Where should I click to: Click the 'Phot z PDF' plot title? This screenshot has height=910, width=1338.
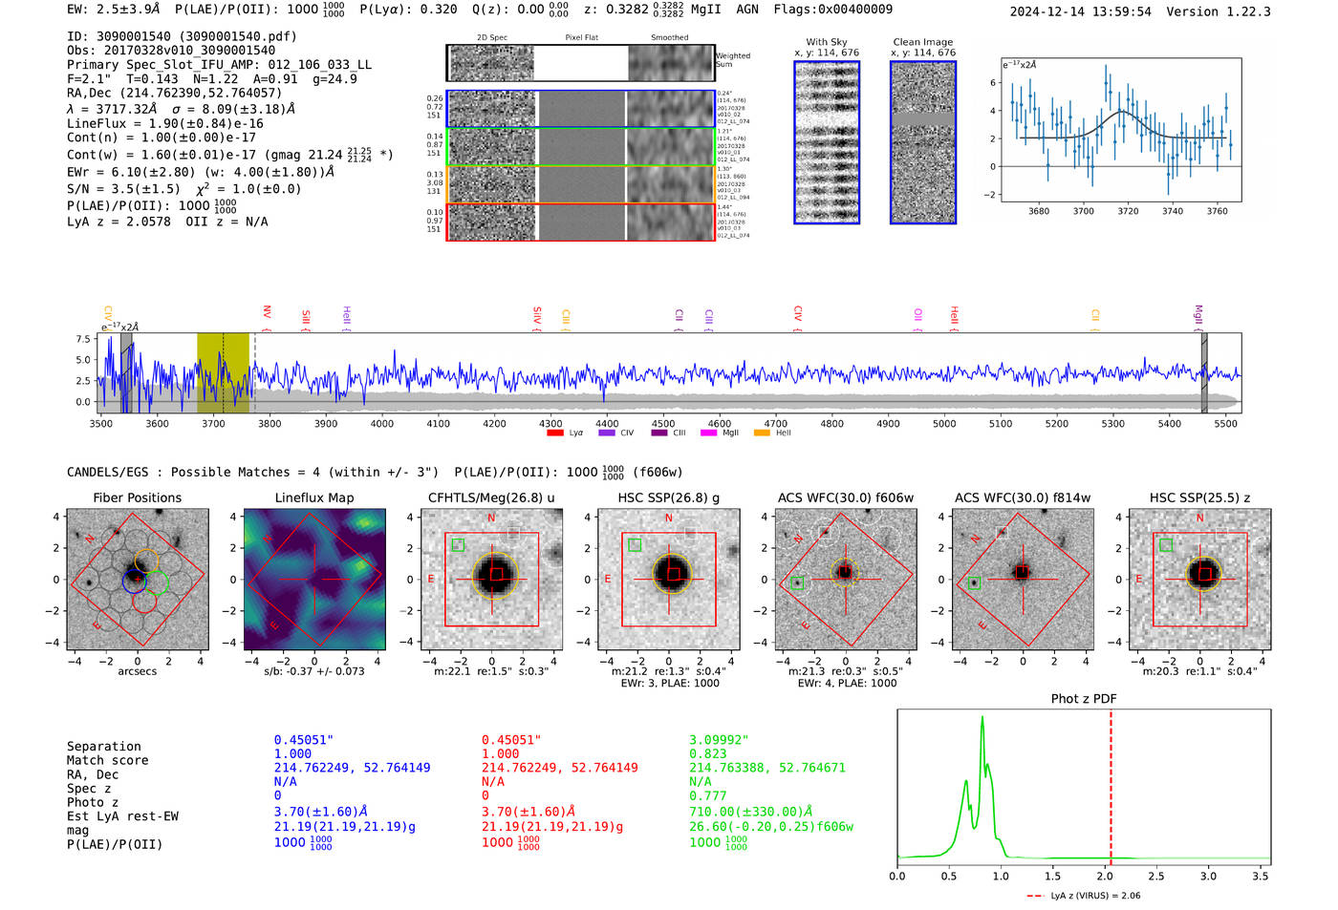point(1084,698)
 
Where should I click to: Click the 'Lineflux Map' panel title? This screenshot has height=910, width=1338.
point(313,497)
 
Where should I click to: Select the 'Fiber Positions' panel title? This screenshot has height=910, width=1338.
point(137,497)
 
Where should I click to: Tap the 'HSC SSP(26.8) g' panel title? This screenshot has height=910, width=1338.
point(669,497)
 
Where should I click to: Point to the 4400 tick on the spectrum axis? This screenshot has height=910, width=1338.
point(607,423)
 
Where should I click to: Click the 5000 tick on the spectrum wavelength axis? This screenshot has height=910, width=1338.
point(944,423)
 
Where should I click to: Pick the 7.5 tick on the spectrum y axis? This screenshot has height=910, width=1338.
point(83,339)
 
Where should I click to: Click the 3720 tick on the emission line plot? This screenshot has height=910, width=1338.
point(1128,211)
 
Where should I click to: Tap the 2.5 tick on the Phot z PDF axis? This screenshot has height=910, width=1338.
point(1156,876)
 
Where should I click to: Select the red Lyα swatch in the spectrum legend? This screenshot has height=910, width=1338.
point(555,434)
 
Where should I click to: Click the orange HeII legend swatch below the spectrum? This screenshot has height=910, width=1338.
point(762,434)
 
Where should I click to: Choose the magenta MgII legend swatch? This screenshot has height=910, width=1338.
point(708,434)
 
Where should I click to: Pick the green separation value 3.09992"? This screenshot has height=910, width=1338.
point(719,740)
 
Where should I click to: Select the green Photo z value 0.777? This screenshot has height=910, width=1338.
point(707,795)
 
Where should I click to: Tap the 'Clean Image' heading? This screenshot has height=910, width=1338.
point(922,42)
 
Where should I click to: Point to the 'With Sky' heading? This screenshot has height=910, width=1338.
point(826,42)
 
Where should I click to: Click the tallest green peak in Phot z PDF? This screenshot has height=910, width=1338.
point(982,718)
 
